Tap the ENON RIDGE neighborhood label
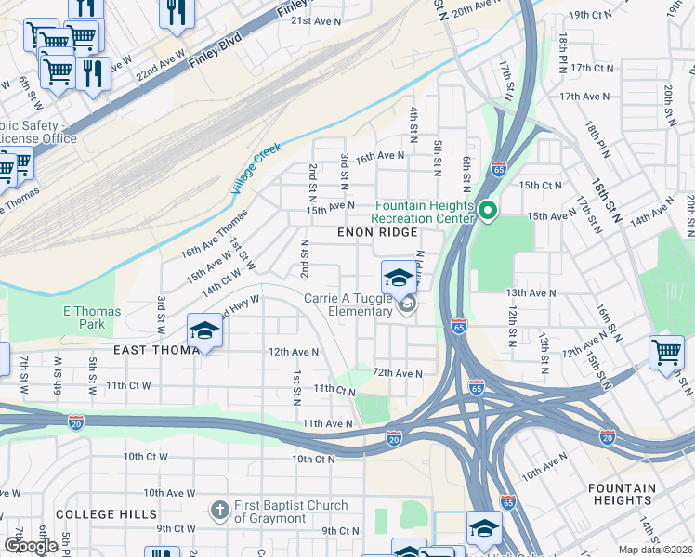tap(376, 232)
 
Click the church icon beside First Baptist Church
tap(218, 509)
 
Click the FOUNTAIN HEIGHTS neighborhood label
tap(635, 494)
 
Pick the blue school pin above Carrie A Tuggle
tap(399, 277)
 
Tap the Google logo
tap(31, 546)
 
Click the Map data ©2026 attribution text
tap(655, 550)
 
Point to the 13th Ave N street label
tap(531, 292)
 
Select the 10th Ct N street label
tap(313, 459)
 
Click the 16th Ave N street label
tap(381, 156)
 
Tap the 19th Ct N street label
tap(592, 15)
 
